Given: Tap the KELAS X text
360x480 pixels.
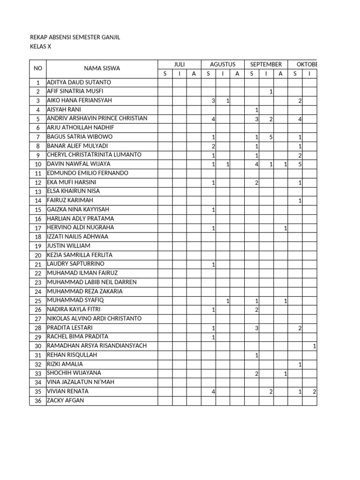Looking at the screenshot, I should pos(40,46).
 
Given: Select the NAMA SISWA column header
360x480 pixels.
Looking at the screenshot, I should pos(102,68).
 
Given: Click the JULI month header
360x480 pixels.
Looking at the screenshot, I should pos(179,64).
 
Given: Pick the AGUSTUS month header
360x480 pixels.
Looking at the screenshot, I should pos(223,64).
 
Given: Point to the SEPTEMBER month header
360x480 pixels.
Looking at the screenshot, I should pos(266,64).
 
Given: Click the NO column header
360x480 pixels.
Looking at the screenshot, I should pos(38,68).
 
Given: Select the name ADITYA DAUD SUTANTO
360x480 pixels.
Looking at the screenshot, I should pos(79,82).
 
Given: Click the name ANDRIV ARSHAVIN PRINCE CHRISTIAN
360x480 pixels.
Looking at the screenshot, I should pos(97,119).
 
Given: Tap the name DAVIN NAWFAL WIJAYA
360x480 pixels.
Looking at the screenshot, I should pos(79,164).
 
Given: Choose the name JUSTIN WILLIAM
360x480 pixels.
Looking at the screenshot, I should pos(68,246).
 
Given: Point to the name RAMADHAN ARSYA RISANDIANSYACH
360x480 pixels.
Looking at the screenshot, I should pos(97,345).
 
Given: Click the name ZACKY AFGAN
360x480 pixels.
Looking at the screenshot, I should pos(66,400).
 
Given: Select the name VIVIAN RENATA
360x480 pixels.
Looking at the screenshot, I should pos(68,391).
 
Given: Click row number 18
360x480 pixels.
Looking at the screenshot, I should pos(38,237).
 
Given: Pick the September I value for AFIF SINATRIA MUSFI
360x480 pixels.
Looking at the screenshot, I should pos(271,92).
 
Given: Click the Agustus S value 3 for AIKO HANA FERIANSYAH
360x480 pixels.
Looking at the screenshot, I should pos(213,101).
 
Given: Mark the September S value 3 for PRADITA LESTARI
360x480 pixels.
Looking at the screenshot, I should pos(256,328).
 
